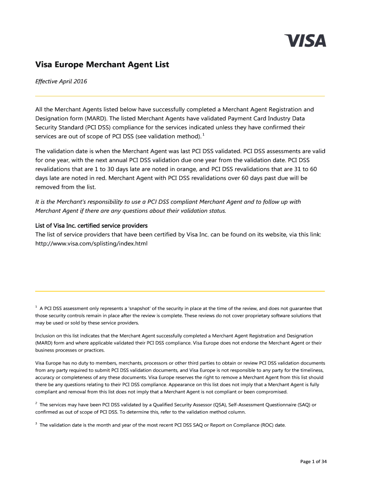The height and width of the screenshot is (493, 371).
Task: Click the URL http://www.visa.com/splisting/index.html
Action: point(92,243)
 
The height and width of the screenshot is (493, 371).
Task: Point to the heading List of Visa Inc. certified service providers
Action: point(92,225)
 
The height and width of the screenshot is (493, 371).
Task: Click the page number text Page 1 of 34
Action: point(314,462)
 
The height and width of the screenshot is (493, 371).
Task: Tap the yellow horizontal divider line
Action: point(180,291)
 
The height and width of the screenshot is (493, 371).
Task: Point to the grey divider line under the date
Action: point(180,96)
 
